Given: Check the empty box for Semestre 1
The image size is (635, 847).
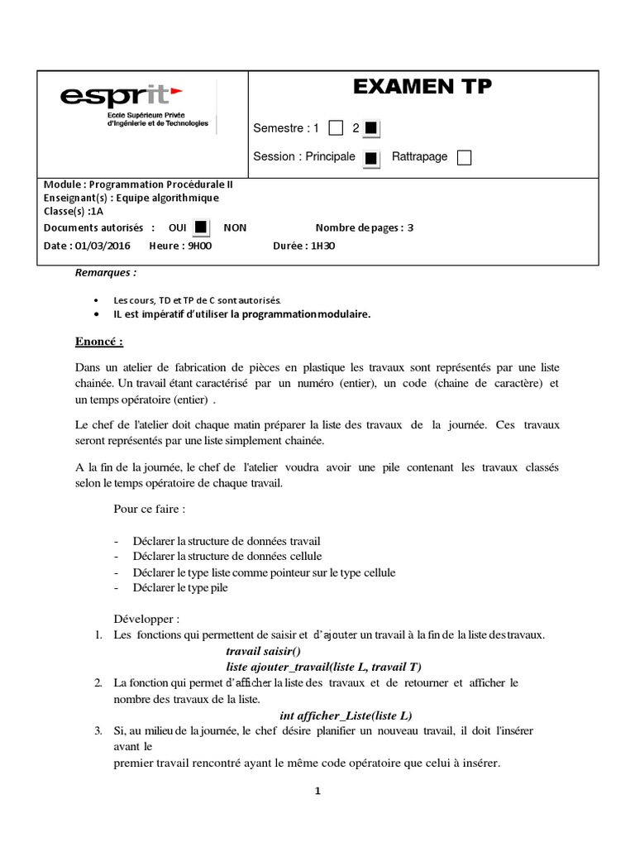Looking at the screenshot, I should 336,128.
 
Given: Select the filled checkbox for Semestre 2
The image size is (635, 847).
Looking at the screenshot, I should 371,128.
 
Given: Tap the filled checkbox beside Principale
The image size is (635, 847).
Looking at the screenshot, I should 372,157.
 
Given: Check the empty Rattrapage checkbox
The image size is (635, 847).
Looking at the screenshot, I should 464,157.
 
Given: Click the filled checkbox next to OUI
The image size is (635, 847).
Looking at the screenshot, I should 200,227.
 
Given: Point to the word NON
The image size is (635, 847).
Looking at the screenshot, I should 235,227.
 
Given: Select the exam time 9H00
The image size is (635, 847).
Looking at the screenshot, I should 198,245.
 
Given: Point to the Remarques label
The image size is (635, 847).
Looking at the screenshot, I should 106,272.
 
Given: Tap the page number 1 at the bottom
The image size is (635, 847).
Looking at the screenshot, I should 317,791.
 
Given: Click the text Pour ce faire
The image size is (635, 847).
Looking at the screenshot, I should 149,508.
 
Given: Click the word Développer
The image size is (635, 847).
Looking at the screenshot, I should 146,619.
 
